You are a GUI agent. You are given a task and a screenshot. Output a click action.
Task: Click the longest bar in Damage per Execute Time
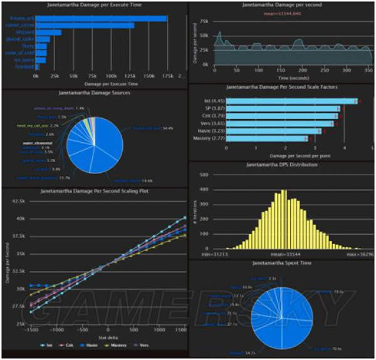[x=100, y=18]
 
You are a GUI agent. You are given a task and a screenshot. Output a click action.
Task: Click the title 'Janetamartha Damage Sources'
[x=95, y=92]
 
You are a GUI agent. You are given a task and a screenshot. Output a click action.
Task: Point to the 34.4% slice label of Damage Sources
[x=159, y=128]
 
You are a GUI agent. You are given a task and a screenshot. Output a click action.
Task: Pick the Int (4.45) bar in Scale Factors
[x=291, y=101]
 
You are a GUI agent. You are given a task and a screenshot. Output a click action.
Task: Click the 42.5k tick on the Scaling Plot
[x=18, y=202]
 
